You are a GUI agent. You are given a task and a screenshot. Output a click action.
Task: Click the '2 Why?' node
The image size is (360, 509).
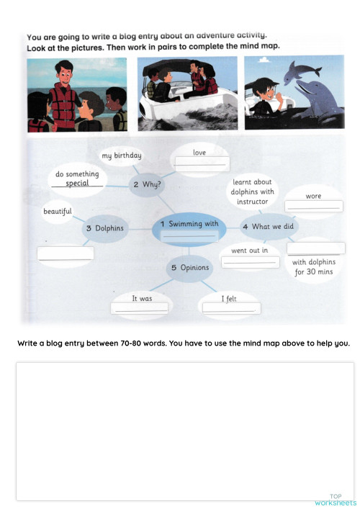coord(146,184)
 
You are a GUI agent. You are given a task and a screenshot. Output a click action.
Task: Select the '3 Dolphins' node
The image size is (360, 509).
coord(104,228)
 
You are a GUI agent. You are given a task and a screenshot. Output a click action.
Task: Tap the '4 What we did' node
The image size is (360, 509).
coord(268,227)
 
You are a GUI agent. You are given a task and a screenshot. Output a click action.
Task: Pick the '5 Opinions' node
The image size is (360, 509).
coord(189,268)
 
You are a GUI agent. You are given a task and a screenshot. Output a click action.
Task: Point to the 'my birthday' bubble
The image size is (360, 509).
coord(121,156)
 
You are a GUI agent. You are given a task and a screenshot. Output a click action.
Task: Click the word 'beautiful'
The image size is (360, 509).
coord(58,212)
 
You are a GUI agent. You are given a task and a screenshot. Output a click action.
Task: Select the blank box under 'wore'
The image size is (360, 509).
coord(313,206)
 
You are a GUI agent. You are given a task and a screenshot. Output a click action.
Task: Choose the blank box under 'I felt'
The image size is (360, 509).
coord(231,308)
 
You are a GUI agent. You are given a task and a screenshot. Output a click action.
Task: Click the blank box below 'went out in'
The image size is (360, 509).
coord(251,261)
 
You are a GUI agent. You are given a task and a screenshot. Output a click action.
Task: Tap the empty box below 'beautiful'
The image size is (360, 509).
coord(66,253)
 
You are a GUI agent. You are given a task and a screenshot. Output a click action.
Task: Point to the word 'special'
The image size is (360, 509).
coord(77,184)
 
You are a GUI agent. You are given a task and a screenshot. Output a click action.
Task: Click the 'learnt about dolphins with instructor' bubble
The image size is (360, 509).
coord(252,192)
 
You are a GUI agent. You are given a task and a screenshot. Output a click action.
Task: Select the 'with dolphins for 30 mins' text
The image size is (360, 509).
coord(313,267)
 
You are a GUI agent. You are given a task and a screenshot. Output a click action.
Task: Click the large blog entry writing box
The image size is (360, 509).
coord(185,431)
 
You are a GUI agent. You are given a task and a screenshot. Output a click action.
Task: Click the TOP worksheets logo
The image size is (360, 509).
coord(336,500)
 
